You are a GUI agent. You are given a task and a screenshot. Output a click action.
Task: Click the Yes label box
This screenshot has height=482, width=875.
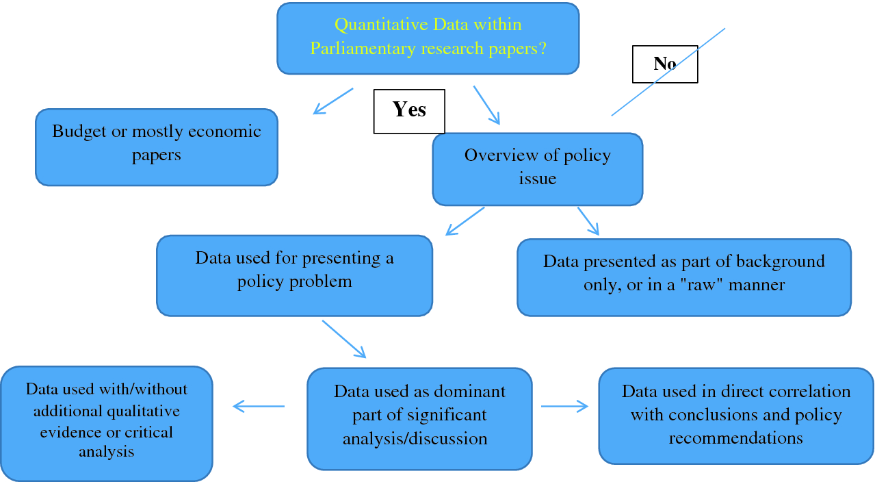coord(409,112)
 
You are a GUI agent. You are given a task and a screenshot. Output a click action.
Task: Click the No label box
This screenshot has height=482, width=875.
coord(665,64)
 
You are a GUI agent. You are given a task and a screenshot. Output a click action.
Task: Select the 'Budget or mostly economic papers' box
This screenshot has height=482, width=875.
coord(157,147)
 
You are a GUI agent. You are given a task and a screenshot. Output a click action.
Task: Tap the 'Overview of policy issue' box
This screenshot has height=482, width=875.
coord(538,169)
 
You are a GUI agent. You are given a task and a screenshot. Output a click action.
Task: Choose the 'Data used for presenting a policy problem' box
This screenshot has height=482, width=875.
coord(295,276)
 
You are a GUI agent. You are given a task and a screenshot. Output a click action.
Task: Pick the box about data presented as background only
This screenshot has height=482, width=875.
coord(684,277)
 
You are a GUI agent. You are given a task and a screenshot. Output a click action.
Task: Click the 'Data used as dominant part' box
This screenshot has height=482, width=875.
coord(419,419)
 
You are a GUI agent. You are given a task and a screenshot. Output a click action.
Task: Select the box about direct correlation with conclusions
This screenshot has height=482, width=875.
coord(736,416)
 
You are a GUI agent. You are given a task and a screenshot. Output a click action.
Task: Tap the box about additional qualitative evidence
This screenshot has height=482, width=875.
coord(107,424)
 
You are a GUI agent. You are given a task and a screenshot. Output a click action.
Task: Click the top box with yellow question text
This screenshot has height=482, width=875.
coord(428,38)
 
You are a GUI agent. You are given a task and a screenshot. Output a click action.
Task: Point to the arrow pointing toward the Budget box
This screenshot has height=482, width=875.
coord(333,101)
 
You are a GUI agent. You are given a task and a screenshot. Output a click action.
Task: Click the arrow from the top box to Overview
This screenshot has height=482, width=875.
coord(486,105)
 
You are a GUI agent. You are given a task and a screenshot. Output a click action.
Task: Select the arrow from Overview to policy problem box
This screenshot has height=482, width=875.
coord(465,221)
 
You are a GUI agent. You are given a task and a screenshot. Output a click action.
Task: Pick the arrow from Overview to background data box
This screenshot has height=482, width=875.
coord(588,221)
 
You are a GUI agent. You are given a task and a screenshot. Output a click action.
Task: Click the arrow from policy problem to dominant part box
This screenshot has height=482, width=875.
coord(344,339)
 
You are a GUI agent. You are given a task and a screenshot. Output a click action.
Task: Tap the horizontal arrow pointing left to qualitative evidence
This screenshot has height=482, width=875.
coord(259,406)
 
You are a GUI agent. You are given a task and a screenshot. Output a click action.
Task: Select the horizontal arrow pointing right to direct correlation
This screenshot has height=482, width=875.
coord(564,406)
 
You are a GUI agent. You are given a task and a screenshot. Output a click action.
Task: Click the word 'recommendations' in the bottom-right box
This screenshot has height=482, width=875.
coord(736,437)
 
